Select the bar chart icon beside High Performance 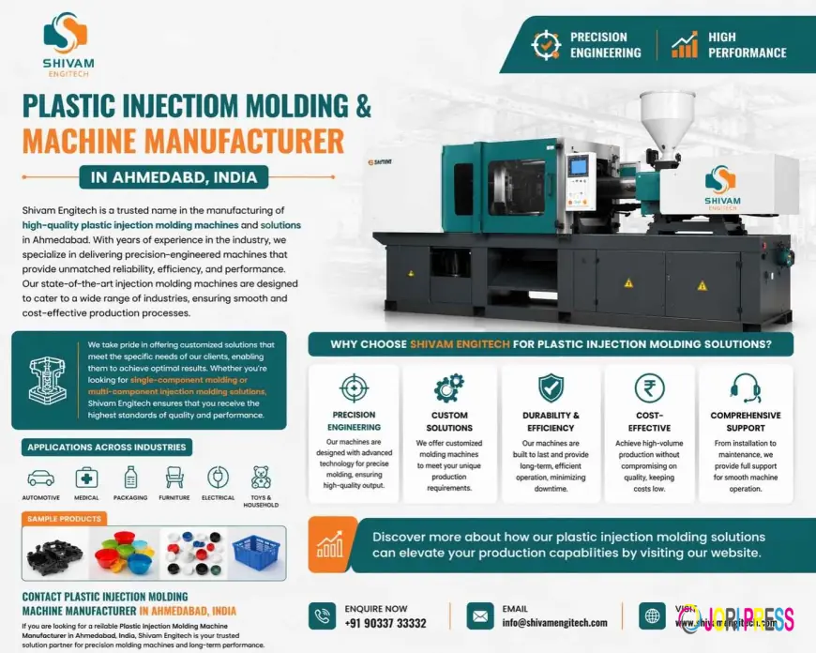(684, 44)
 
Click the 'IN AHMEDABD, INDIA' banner (174, 176)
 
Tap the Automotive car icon (40, 477)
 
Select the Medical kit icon (86, 477)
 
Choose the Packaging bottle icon (130, 477)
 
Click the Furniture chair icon (174, 477)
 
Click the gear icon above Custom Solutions (448, 387)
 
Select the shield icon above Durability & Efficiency (550, 387)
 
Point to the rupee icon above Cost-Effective (649, 387)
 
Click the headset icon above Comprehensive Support (745, 387)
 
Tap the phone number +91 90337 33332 (385, 623)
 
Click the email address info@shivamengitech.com (553, 623)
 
